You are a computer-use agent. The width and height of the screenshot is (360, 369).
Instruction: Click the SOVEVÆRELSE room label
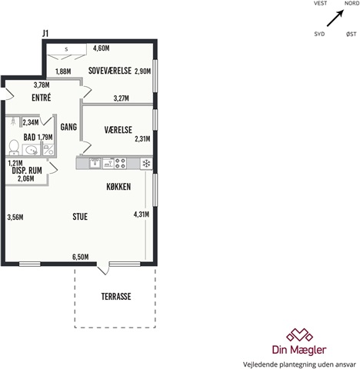click(110, 71)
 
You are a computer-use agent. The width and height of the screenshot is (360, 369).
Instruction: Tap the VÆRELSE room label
click(118, 130)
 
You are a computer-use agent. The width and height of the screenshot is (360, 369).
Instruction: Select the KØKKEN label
click(118, 187)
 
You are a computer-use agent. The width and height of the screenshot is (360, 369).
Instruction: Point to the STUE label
click(80, 217)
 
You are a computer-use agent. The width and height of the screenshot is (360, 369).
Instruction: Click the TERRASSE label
click(116, 297)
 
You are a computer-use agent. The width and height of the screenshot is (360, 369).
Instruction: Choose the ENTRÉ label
click(42, 98)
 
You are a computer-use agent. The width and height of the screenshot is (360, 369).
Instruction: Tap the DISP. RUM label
click(27, 171)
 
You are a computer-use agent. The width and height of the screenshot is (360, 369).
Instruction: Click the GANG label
click(68, 127)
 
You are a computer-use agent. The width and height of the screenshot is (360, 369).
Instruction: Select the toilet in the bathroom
click(14, 148)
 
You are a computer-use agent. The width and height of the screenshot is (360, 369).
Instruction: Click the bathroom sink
click(31, 150)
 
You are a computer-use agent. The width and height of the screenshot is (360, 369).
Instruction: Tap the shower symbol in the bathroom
click(13, 121)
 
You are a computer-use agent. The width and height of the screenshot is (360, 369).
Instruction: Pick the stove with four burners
click(120, 164)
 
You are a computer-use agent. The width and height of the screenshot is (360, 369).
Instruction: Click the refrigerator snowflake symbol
click(146, 164)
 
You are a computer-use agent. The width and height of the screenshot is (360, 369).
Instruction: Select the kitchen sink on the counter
click(95, 163)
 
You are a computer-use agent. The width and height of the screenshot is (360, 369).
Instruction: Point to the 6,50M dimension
click(81, 257)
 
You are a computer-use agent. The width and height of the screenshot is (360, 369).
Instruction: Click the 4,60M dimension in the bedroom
click(102, 48)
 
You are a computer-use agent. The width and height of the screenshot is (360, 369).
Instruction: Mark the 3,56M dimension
click(15, 218)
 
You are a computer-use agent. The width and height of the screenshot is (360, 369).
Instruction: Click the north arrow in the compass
click(335, 18)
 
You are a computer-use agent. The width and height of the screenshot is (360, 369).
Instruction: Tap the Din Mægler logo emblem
click(299, 334)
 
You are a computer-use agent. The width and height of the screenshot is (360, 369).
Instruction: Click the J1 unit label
click(45, 34)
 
